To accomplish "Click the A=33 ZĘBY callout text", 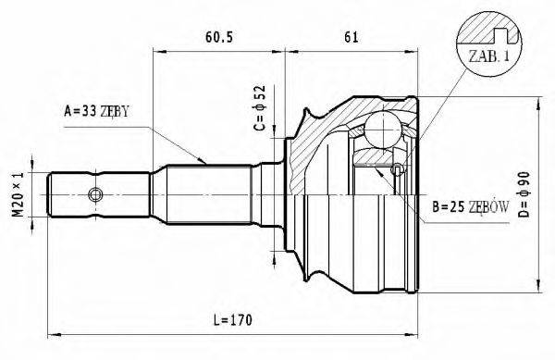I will pos(96,112).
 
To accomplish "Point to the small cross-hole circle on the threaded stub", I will pos(94,194).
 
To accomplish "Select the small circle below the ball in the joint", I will pos(398,168).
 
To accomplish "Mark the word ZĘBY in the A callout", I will pos(112,112).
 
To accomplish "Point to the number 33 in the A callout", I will pos(86,112).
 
